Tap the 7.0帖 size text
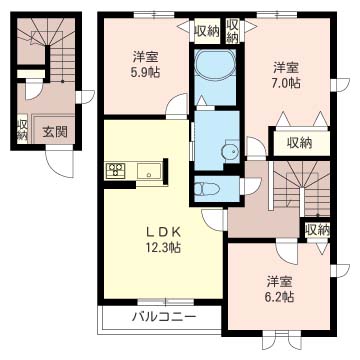tap(286, 84)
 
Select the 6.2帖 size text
tap(279, 297)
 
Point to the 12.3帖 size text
tap(160, 246)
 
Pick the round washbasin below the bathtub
tap(229, 152)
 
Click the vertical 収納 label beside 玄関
tap(22, 130)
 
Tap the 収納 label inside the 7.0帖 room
tap(299, 142)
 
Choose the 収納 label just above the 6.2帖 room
tap(316, 230)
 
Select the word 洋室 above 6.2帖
tap(279, 281)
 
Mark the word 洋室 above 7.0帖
tap(287, 67)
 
